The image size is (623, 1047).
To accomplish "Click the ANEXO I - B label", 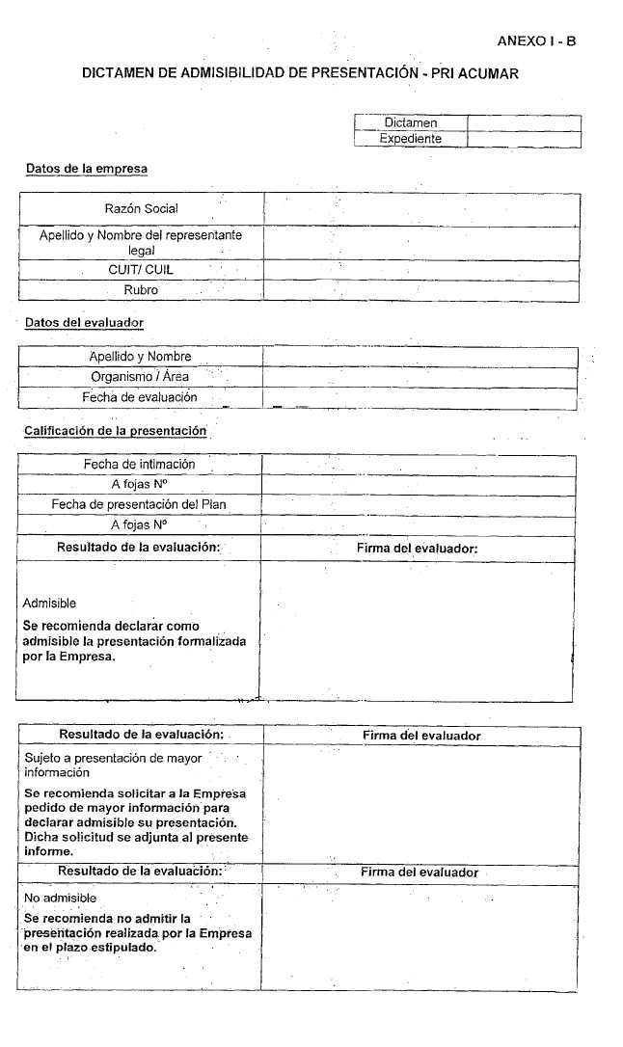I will coord(536,41).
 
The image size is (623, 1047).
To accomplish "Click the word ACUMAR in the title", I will coord(487,73).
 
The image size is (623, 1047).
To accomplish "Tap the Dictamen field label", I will coord(410,123).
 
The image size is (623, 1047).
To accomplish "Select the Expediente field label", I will coord(410,139).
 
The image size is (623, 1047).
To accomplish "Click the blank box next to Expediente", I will coord(524,139).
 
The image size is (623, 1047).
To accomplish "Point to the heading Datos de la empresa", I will coord(87,169).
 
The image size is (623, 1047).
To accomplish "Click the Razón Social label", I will coord(141,208).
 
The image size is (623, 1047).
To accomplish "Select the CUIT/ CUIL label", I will coord(141,270).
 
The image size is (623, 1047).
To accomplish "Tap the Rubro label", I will coord(141,289).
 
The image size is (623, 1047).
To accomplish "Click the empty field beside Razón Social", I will coord(420,208).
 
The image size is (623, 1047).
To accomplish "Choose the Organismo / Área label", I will coord(140,377).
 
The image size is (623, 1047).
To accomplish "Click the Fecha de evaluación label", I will coord(140,396).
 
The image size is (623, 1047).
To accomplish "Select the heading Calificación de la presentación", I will coord(115,430).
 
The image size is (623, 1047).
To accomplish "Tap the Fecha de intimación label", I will coord(139,464).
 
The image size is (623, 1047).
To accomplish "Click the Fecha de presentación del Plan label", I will coord(139,504).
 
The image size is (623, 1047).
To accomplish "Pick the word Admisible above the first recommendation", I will coord(49,604).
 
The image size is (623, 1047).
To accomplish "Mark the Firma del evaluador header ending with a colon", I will coord(418,549).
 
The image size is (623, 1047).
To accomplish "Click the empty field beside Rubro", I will coord(420,289).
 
